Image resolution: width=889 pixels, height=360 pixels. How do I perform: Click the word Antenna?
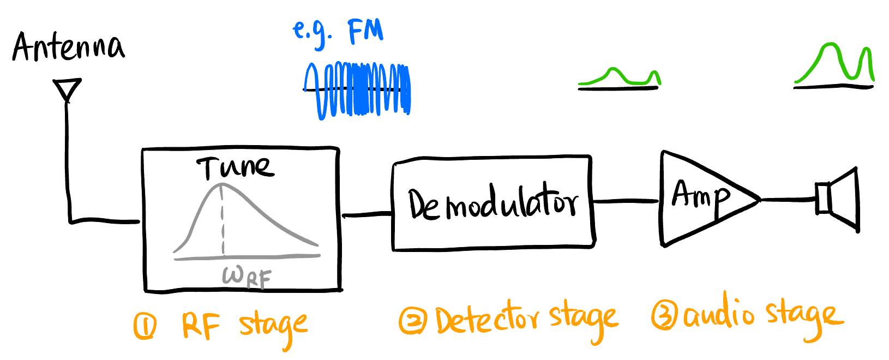[x=68, y=47]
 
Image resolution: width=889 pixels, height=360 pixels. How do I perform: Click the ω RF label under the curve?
[x=247, y=277]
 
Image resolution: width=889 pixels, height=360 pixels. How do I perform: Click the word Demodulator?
[x=492, y=204]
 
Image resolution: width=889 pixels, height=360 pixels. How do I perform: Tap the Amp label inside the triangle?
[x=700, y=196]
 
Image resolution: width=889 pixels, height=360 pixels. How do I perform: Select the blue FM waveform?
[x=358, y=91]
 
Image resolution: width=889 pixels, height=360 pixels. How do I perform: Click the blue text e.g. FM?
[x=338, y=33]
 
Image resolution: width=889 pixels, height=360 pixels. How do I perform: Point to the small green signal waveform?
[x=620, y=78]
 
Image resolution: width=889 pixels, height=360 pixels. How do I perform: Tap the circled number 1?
[x=145, y=326]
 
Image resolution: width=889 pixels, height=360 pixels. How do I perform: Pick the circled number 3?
[x=664, y=316]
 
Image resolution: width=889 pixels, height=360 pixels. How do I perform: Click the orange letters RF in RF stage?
[x=201, y=326]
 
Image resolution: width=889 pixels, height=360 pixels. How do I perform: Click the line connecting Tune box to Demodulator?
[x=367, y=215]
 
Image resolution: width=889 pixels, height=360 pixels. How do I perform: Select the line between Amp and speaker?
[x=788, y=200]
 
